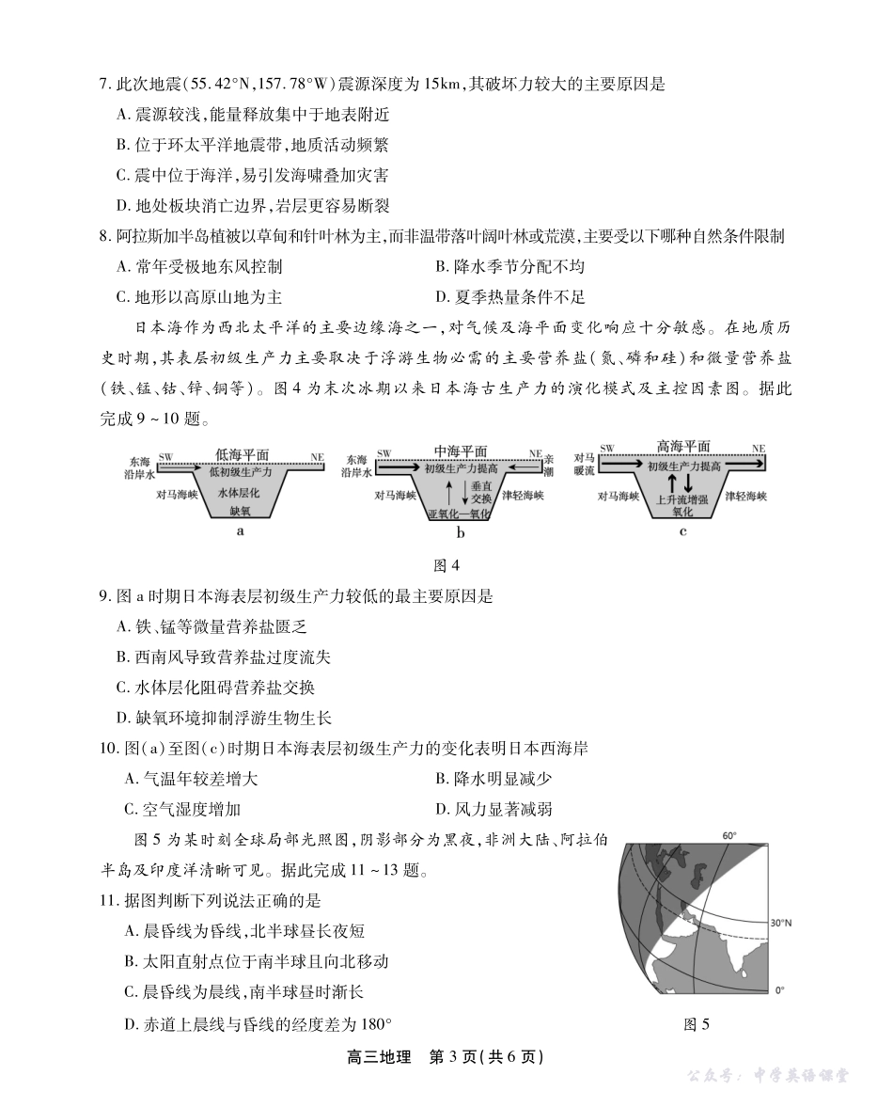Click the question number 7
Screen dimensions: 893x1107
(x=105, y=84)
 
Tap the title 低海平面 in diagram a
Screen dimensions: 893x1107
(x=243, y=453)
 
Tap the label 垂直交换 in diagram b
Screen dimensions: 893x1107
(x=481, y=493)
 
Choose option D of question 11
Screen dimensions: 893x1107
(x=258, y=1024)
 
